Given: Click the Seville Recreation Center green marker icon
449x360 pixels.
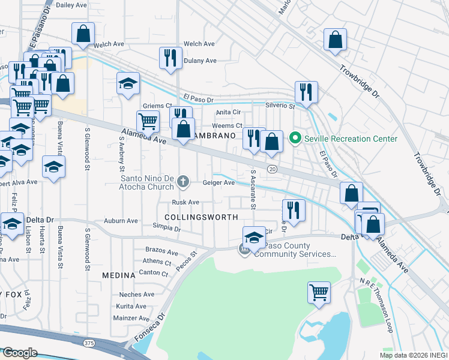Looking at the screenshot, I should (x=295, y=139).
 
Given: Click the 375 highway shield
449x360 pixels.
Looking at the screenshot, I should (x=89, y=343).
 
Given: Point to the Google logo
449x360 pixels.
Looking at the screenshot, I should (x=19, y=353).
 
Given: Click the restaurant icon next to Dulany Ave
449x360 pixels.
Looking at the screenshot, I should (x=170, y=58).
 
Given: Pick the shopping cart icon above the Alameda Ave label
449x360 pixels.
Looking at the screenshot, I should (x=148, y=121).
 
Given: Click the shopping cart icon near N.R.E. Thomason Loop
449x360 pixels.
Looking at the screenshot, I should (x=319, y=293).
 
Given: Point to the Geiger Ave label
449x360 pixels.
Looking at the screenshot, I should (x=218, y=182).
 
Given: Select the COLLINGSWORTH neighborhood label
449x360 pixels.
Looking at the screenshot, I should (x=202, y=217).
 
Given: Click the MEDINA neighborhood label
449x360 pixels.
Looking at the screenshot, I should (x=118, y=275).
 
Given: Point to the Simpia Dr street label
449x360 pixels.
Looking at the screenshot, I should (x=166, y=229).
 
